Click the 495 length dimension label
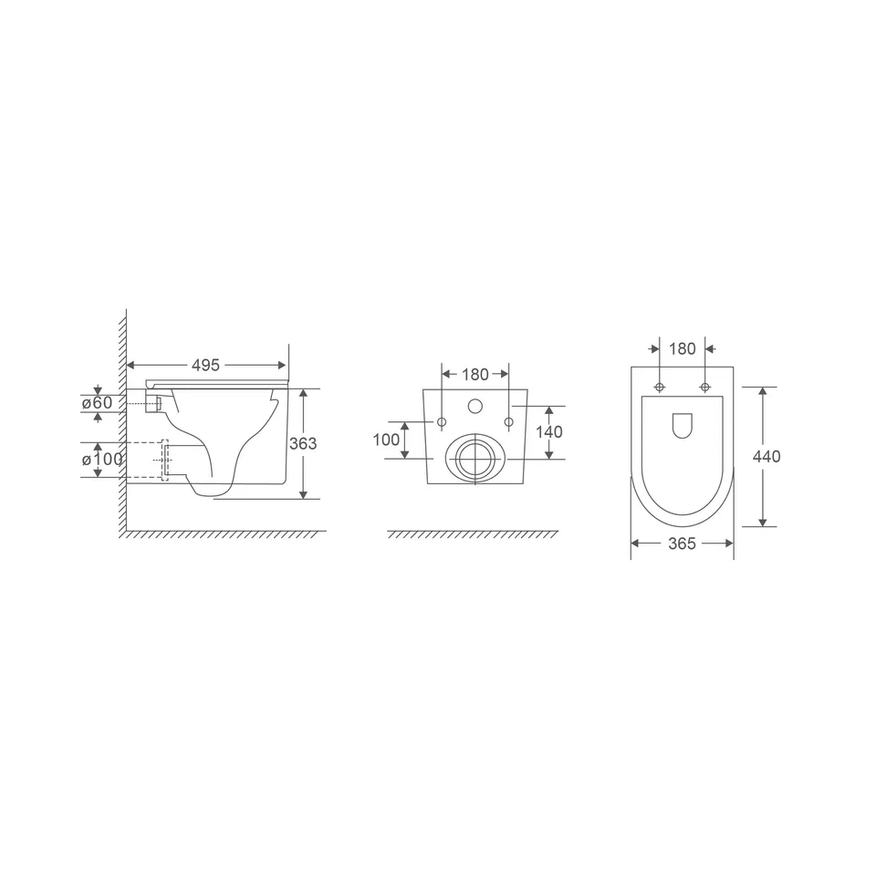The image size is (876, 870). [205, 365]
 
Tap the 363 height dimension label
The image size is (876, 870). [303, 443]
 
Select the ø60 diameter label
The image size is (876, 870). [97, 402]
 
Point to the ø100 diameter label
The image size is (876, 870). [102, 460]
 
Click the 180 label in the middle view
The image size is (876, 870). [475, 375]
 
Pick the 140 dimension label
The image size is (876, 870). [549, 431]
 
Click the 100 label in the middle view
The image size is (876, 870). [386, 440]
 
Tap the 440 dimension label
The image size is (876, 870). [766, 457]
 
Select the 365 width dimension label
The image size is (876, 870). [683, 544]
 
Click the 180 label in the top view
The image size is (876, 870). [683, 349]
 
